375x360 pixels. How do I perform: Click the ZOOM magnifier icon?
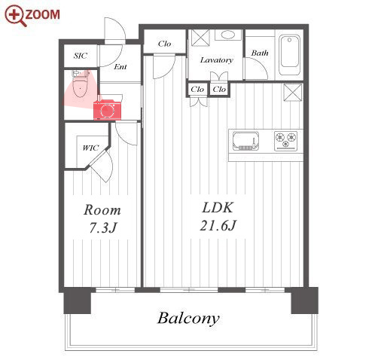16,16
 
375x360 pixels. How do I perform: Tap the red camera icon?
107,110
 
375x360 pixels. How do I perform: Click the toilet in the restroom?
80,84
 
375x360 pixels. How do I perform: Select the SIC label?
81,56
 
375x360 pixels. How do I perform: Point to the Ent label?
120,66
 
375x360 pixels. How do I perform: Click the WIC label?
90,148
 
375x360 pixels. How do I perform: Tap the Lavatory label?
216,60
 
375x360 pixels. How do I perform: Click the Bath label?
260,53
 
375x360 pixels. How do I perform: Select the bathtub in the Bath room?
290,54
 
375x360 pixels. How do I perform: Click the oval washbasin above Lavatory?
228,35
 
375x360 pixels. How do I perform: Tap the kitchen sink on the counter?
245,141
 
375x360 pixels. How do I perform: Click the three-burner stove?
285,141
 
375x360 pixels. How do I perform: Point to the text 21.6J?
218,225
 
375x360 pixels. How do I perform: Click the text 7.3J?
102,228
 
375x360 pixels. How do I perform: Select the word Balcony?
188,319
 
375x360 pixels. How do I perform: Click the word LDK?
218,208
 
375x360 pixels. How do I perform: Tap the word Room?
102,210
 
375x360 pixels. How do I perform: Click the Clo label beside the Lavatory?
164,44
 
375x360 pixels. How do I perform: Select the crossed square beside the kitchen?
292,92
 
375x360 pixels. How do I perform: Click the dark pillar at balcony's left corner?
77,301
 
